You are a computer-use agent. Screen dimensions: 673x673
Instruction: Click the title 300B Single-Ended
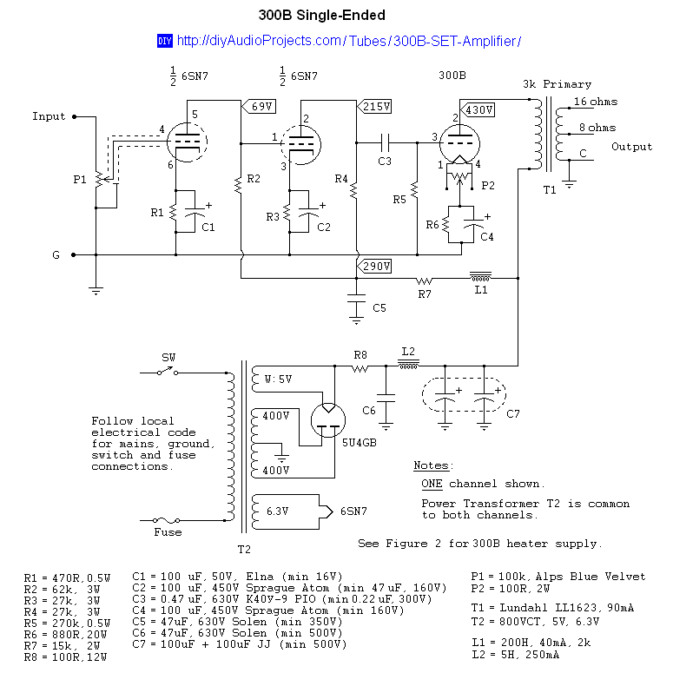(x=322, y=16)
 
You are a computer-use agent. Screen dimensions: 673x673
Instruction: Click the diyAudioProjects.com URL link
(x=348, y=41)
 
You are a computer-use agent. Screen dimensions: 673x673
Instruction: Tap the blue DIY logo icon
(x=164, y=41)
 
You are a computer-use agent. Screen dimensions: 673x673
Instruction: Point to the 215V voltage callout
(x=375, y=107)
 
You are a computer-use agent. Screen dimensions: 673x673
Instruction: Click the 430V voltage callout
(x=479, y=110)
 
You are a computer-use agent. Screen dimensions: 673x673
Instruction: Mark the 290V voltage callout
(x=375, y=266)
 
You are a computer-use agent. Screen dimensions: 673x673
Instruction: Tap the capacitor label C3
(x=385, y=161)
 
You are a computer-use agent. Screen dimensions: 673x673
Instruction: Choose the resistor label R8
(x=360, y=354)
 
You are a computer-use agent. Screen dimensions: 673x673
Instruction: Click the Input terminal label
(x=49, y=116)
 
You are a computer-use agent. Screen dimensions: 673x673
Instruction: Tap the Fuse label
(x=168, y=532)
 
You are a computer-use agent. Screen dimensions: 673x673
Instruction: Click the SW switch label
(x=168, y=358)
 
